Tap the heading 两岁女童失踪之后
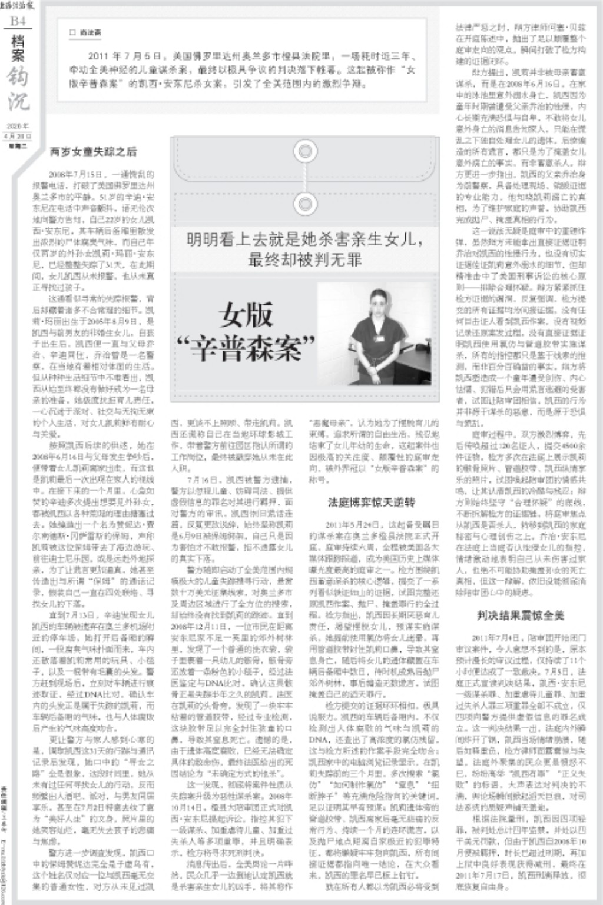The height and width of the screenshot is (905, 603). [x=93, y=152]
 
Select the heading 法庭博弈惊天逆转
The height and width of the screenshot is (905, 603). [x=372, y=502]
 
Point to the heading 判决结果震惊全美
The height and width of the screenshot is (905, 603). [x=521, y=615]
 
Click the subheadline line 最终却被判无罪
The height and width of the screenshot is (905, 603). [x=304, y=259]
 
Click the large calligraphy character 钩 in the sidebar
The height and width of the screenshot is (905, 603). [x=18, y=76]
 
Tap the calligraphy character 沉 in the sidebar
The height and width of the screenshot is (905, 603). [x=18, y=102]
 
